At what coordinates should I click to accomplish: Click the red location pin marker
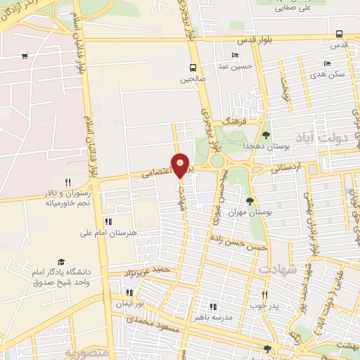coord(181,165)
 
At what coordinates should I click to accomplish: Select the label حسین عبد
coord(234,66)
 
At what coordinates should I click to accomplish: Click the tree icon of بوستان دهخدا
coord(266,135)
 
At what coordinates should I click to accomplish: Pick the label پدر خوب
coord(264,307)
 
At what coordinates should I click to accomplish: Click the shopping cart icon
coord(25,56)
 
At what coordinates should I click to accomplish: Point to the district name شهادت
coord(277,269)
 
